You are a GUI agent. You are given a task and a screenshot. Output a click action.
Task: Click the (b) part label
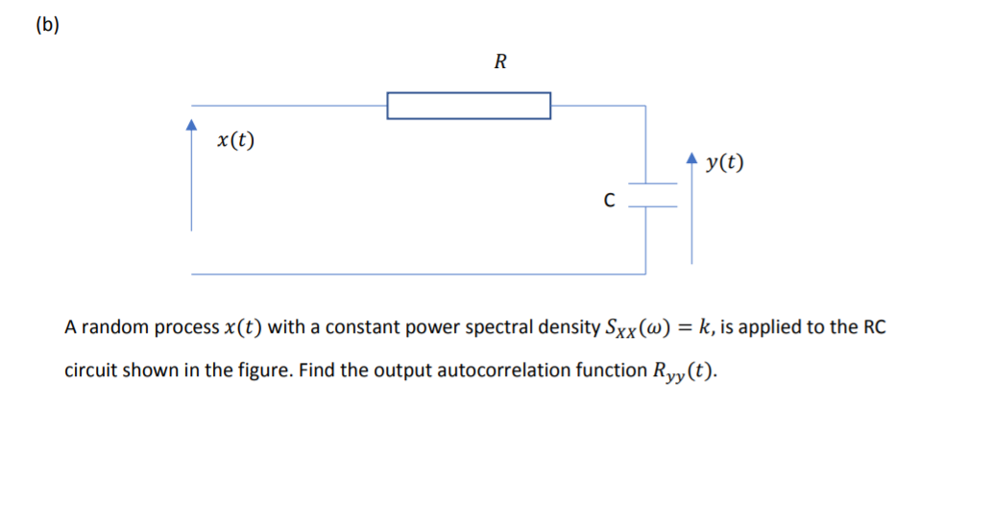46,27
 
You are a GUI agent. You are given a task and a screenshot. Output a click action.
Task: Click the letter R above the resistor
499,63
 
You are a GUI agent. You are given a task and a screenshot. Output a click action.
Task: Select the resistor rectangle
469,106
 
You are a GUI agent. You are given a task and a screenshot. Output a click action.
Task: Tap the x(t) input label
236,140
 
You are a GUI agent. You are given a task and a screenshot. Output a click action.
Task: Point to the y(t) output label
724,162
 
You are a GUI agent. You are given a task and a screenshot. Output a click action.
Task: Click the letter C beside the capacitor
608,201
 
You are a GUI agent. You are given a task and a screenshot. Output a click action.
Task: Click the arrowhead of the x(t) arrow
191,125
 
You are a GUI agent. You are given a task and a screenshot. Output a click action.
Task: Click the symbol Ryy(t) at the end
681,371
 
